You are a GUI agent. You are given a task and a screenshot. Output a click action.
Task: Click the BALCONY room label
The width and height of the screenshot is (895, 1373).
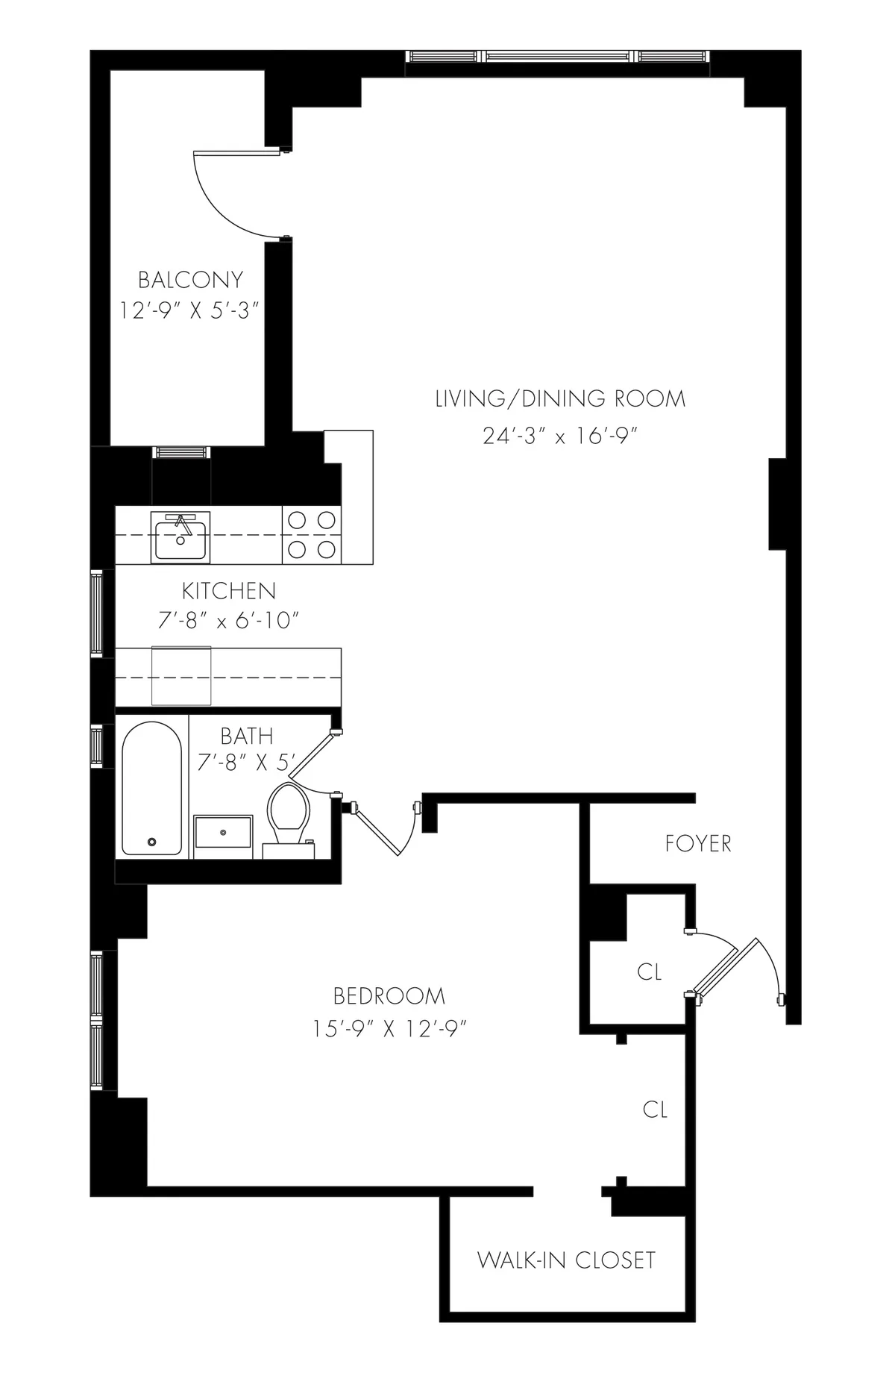[191, 280]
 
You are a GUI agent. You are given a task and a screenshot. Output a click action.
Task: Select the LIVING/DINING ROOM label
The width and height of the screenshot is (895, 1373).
[560, 398]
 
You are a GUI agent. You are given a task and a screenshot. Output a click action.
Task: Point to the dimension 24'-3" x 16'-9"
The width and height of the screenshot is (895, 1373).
[561, 436]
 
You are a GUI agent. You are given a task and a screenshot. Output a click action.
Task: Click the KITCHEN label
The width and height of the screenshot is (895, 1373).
[229, 591]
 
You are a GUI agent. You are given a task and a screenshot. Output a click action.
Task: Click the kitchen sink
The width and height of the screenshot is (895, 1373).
[180, 537]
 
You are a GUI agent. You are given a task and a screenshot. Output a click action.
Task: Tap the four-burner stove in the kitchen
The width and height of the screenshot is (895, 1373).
[311, 535]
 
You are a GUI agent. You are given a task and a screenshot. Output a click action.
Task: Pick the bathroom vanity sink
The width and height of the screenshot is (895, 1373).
[223, 831]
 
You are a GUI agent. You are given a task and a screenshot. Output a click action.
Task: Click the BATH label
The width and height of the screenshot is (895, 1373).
[246, 736]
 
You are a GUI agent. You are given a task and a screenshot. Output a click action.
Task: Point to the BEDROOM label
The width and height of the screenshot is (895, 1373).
[389, 996]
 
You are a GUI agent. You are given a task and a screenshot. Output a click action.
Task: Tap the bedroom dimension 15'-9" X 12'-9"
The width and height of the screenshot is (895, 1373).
[389, 1029]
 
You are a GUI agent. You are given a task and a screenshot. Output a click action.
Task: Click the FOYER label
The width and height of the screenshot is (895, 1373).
[698, 844]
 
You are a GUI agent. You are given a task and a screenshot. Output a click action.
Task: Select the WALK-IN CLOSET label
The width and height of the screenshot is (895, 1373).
[566, 1260]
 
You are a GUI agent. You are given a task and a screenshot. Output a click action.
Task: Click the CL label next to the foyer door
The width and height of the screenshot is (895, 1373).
[649, 972]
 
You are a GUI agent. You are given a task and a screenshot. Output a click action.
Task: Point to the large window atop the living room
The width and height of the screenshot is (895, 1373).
[558, 57]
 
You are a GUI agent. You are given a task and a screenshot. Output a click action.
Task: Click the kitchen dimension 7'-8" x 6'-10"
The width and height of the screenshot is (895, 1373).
[228, 620]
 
